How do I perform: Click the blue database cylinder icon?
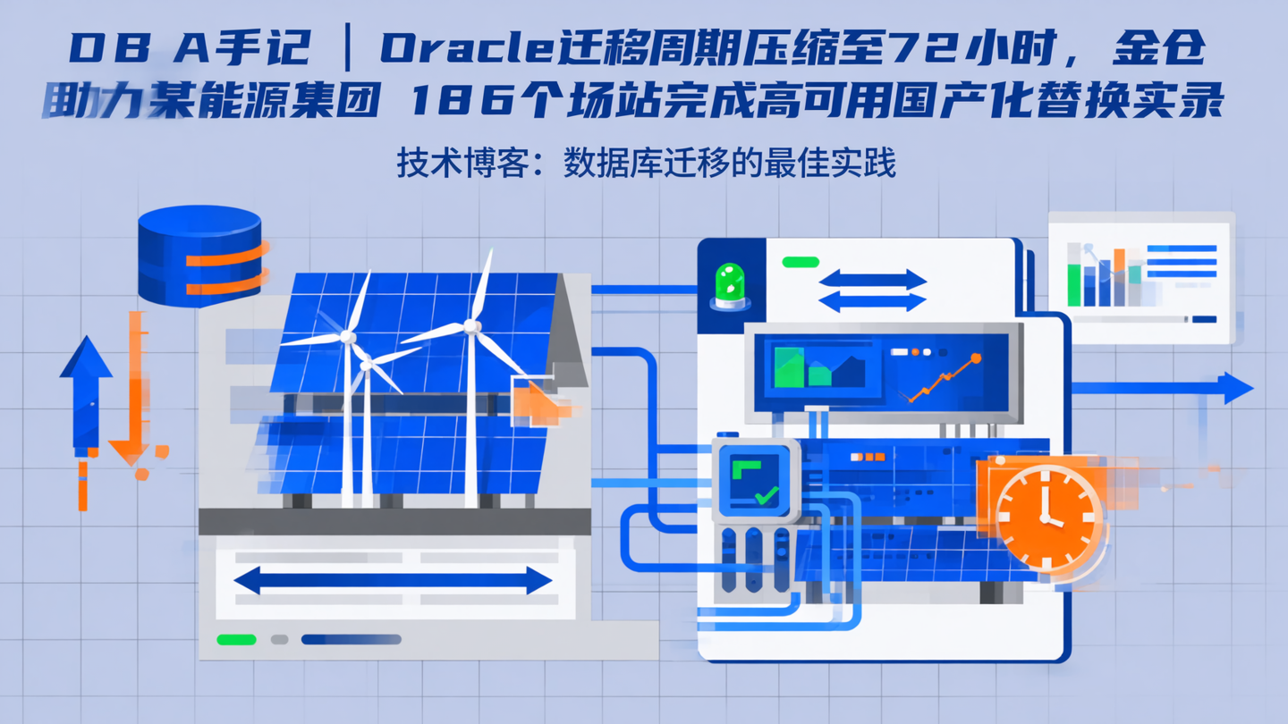tap(199, 256)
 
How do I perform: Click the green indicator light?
tap(730, 283)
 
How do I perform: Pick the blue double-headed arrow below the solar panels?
tap(393, 581)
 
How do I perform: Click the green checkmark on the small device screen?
tap(765, 494)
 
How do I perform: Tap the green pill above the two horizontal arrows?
tap(801, 262)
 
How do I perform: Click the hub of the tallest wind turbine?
tap(471, 327)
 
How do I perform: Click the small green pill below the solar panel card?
tap(237, 639)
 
